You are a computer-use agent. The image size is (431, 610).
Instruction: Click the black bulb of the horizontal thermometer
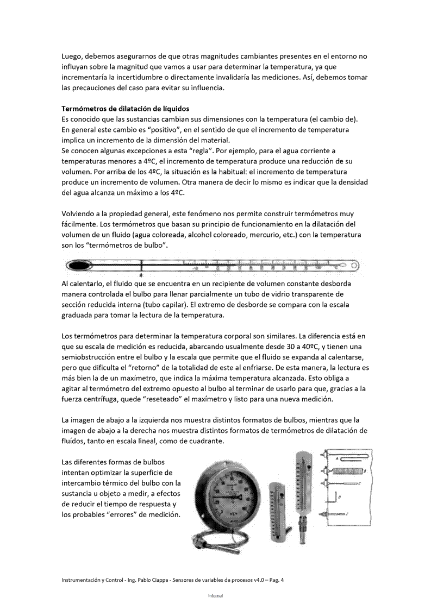80,265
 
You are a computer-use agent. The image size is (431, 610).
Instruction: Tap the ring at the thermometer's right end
354,266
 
